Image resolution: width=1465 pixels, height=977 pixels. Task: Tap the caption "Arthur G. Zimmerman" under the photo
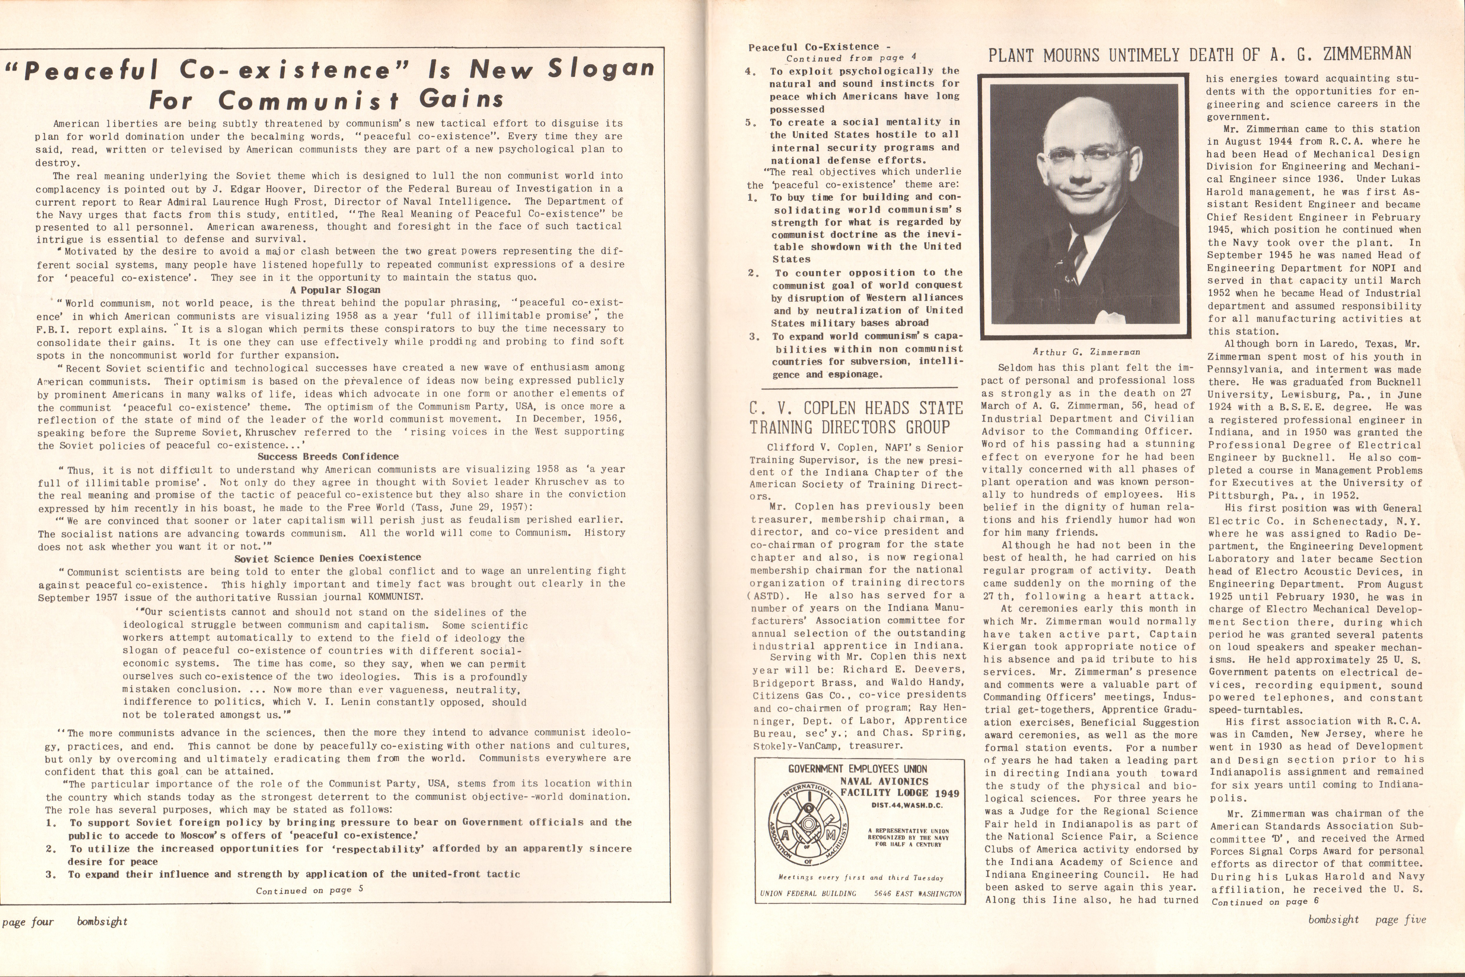(1086, 352)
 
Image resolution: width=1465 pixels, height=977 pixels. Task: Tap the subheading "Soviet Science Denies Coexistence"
(328, 558)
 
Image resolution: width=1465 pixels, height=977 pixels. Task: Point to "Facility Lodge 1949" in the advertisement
(900, 793)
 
